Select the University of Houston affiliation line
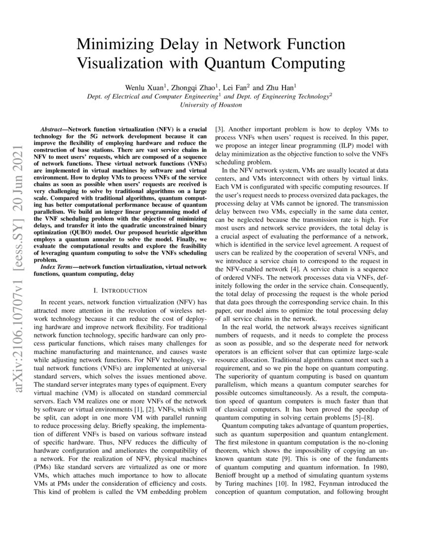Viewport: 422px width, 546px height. coord(211,105)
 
